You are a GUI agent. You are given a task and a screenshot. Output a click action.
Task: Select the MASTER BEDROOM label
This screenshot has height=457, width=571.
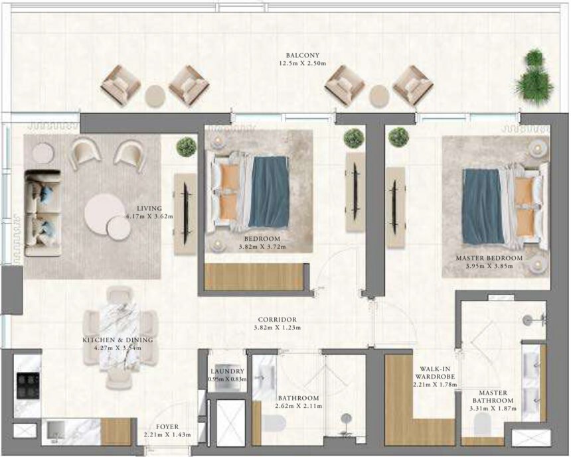pos(489,257)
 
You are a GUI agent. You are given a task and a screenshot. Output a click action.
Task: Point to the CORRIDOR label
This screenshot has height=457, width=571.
pos(278,319)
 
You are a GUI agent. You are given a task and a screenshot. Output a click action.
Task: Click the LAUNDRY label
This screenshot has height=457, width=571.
pos(227,371)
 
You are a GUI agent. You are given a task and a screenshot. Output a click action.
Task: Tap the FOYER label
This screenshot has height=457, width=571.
pos(167,427)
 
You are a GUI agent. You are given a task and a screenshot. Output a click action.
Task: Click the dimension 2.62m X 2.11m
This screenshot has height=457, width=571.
pos(297,407)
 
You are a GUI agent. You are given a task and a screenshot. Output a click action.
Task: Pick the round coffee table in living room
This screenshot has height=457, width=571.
pos(105,214)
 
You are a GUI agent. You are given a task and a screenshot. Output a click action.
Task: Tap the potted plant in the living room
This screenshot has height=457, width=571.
pos(187,147)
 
